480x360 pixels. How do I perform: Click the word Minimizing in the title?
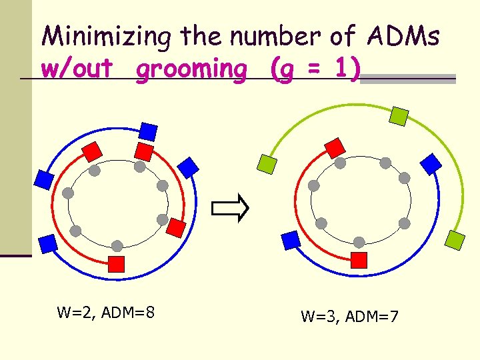click(105, 37)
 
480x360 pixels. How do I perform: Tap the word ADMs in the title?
click(402, 37)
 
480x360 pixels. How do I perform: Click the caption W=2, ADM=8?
click(106, 311)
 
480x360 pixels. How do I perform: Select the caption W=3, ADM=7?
click(349, 316)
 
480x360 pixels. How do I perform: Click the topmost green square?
click(398, 117)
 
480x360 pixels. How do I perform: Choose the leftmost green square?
click(267, 163)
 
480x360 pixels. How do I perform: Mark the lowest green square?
click(456, 239)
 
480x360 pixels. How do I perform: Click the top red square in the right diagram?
click(334, 147)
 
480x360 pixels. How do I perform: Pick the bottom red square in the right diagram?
click(359, 260)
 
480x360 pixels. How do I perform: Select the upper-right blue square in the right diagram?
click(432, 163)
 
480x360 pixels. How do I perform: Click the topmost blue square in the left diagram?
click(148, 131)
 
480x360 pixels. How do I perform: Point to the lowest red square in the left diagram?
click(117, 263)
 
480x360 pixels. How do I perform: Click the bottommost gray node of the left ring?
click(117, 245)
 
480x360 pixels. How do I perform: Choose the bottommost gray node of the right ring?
click(359, 242)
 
